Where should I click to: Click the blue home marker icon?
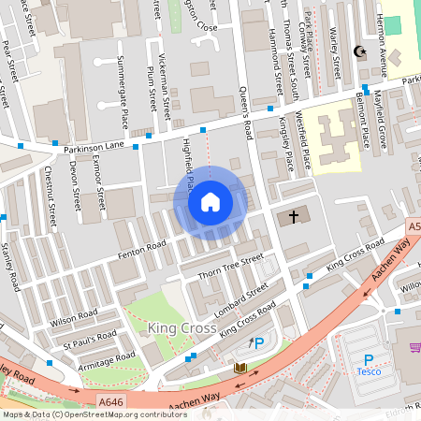click(x=210, y=202)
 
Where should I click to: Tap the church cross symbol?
click(x=293, y=217)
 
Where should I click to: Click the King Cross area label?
click(x=182, y=328)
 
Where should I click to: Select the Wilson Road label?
click(x=75, y=317)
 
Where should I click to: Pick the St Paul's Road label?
click(x=90, y=338)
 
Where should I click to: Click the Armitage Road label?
click(x=107, y=360)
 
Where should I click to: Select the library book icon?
click(x=240, y=368)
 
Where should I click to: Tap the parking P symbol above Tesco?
click(x=369, y=359)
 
